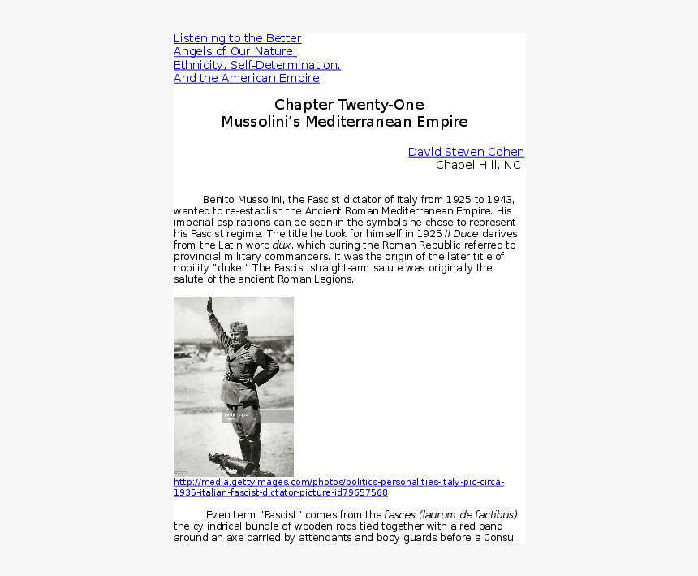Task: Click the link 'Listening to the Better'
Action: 237,38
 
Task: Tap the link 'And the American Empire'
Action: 246,78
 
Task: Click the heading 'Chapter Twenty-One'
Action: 349,105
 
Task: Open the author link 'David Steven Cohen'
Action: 466,152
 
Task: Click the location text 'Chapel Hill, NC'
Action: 478,165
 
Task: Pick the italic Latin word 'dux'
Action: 282,245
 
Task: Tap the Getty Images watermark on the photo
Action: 236,415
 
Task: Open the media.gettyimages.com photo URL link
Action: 338,487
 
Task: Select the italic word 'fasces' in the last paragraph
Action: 400,514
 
